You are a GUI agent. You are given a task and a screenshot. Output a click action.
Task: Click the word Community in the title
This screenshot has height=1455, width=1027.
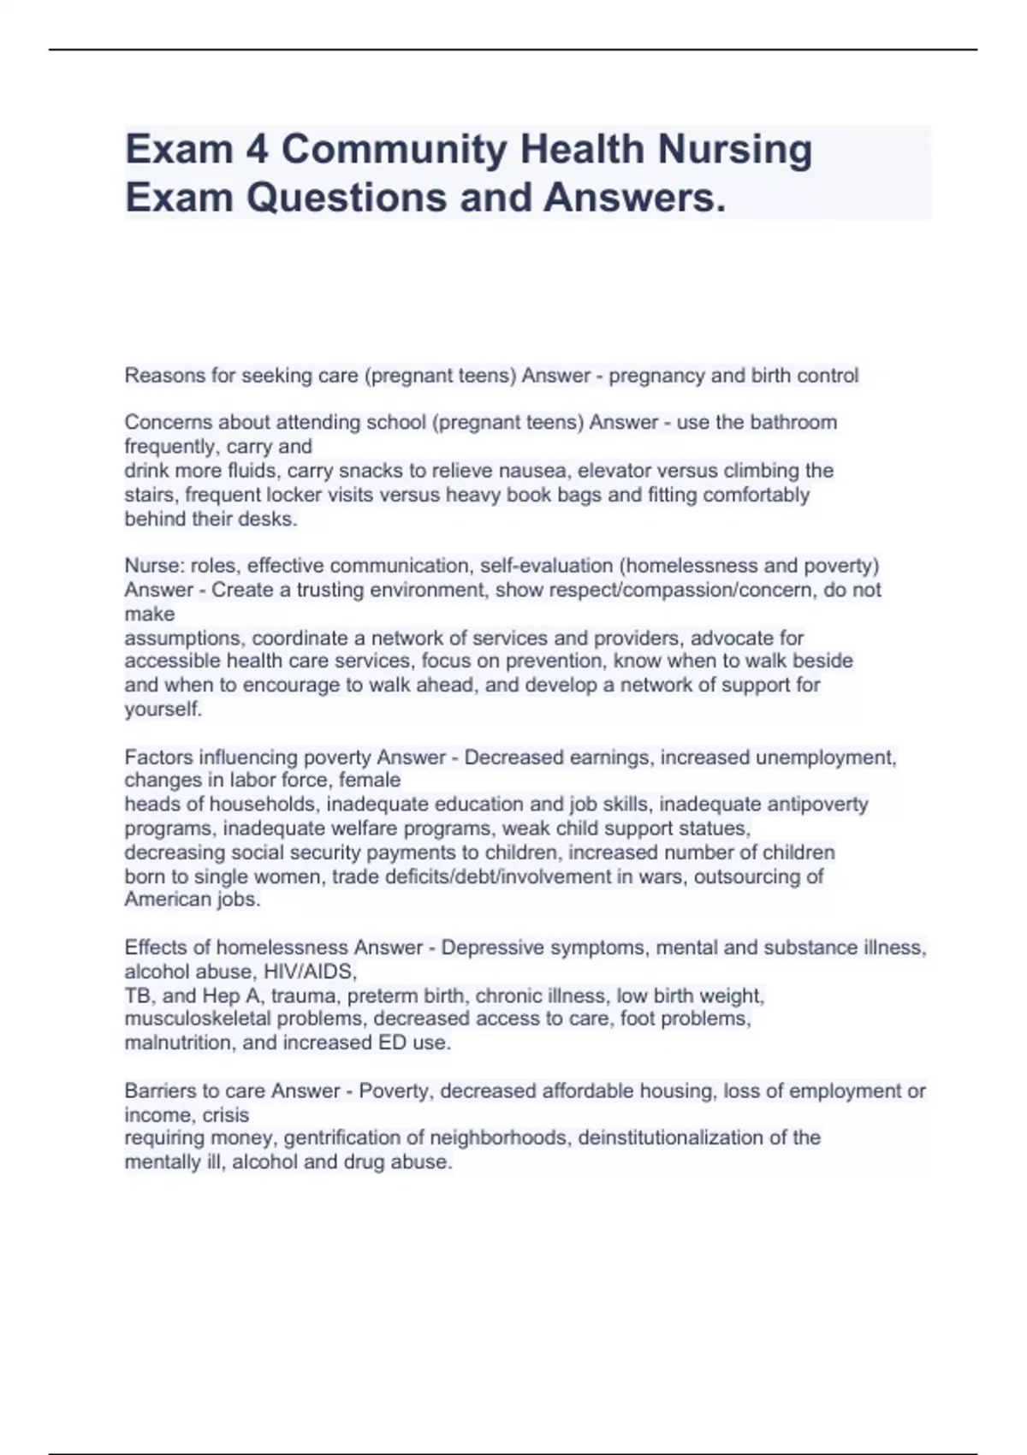(x=394, y=150)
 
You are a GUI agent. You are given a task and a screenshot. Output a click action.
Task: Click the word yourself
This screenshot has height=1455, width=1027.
(x=163, y=710)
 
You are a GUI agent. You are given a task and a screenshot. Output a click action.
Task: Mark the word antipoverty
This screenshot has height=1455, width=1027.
(x=818, y=805)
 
